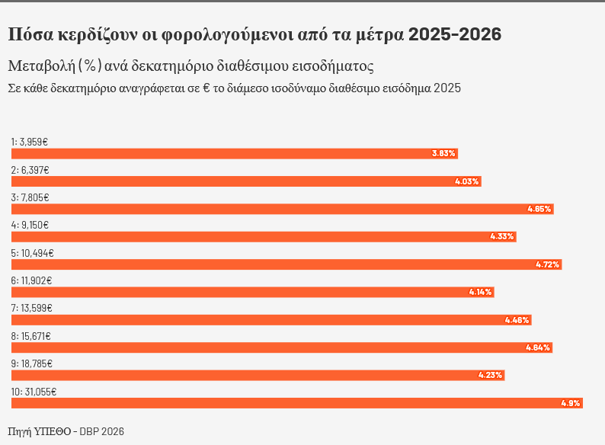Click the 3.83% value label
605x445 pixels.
point(443,153)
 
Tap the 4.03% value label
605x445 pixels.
point(466,181)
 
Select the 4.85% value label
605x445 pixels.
point(539,209)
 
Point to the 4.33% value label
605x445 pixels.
point(502,236)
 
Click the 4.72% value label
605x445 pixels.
point(548,264)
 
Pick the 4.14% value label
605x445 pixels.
point(481,292)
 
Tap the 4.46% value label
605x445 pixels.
point(517,320)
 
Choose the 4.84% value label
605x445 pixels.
point(538,347)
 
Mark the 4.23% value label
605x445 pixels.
point(491,375)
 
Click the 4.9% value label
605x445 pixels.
point(571,403)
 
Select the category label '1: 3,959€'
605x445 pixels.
point(30,142)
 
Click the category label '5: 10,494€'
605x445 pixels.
point(32,253)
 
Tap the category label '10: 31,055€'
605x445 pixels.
point(34,392)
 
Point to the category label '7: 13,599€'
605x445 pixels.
point(32,309)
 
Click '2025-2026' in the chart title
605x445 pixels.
point(455,34)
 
